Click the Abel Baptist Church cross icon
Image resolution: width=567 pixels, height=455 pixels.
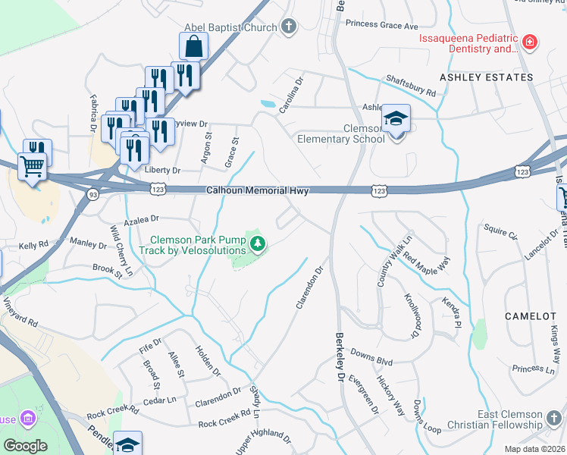tap(288, 28)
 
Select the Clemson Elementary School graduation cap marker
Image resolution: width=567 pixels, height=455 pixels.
tap(396, 119)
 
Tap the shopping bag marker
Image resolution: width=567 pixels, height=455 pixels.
tap(194, 46)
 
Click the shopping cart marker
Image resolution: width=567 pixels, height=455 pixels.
tap(32, 166)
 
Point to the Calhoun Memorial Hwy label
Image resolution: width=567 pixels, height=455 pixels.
tap(258, 191)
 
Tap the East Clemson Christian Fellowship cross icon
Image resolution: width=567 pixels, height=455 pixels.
tap(554, 416)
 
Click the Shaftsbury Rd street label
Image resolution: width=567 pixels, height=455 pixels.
tap(411, 85)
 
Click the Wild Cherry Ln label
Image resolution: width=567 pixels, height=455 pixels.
tap(121, 250)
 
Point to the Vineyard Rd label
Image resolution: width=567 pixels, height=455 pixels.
tap(19, 311)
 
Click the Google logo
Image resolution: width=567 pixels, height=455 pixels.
tap(26, 445)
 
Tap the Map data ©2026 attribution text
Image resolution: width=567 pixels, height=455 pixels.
tap(534, 449)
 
